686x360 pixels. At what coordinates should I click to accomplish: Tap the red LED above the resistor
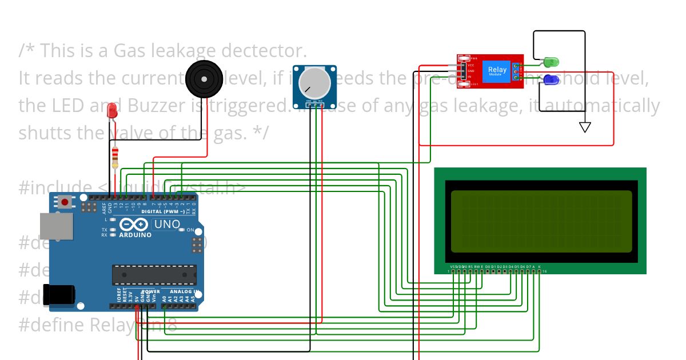pyautogui.click(x=113, y=110)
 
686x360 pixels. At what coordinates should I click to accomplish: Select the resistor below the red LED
pyautogui.click(x=116, y=155)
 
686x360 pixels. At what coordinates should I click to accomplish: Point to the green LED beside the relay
pyautogui.click(x=551, y=61)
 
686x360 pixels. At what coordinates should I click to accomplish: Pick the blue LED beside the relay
pyautogui.click(x=551, y=80)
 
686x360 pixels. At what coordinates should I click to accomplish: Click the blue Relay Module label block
pyautogui.click(x=497, y=71)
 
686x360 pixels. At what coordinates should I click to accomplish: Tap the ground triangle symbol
pyautogui.click(x=585, y=127)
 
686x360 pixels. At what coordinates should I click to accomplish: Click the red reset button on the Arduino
pyautogui.click(x=65, y=201)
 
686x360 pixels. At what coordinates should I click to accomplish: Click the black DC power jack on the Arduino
pyautogui.click(x=61, y=294)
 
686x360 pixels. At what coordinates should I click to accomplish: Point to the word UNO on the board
pyautogui.click(x=167, y=225)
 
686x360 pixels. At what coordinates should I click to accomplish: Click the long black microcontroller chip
pyautogui.click(x=154, y=274)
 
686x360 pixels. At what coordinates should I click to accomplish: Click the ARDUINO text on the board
pyautogui.click(x=135, y=234)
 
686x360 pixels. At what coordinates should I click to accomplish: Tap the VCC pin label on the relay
pyautogui.click(x=470, y=65)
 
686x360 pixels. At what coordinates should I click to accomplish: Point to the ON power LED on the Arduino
pyautogui.click(x=182, y=230)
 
